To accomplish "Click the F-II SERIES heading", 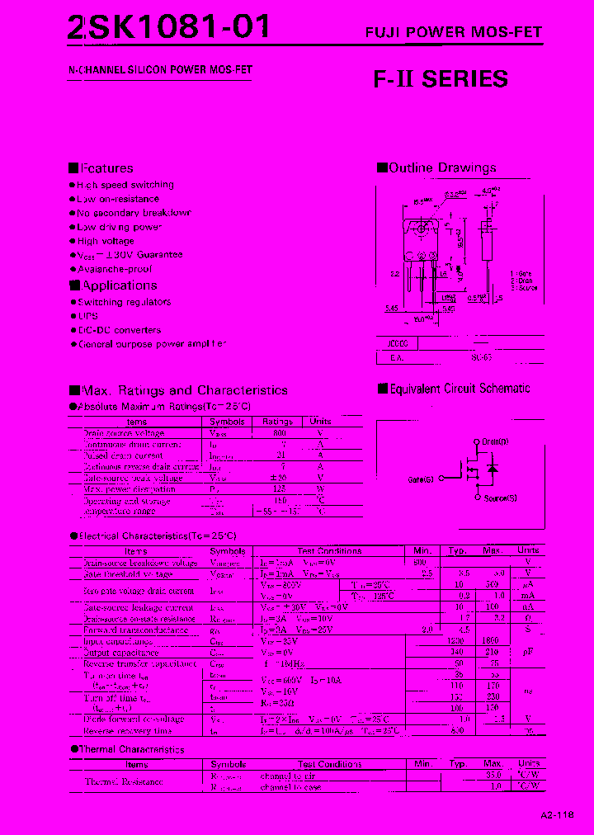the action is click(x=441, y=79).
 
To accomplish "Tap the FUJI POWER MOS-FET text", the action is click(x=454, y=33).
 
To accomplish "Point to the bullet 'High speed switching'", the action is click(x=125, y=185).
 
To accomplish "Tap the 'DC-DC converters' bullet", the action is click(x=119, y=330).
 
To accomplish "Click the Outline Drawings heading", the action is click(x=442, y=168).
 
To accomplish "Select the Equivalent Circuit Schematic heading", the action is click(x=460, y=389).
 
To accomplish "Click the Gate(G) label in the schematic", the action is click(x=421, y=479).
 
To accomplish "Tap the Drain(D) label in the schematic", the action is click(x=495, y=442).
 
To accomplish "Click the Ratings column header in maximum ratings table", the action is click(x=277, y=422).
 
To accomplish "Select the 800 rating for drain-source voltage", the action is click(x=279, y=433).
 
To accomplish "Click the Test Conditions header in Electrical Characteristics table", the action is click(x=329, y=550).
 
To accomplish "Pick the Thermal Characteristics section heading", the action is click(x=131, y=749).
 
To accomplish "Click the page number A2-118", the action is click(x=558, y=814).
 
